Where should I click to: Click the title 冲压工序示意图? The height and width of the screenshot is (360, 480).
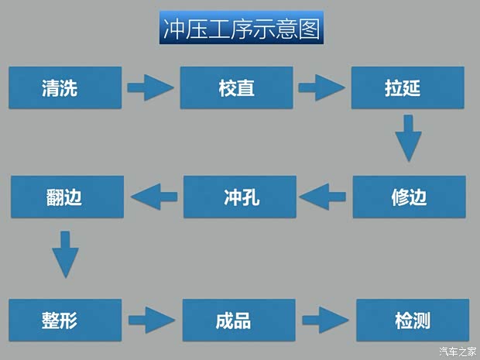(241, 29)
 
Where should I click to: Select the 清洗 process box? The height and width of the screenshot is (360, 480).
(66, 87)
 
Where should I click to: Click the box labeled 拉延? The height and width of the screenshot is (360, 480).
(408, 87)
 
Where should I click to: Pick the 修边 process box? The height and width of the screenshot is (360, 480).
(410, 197)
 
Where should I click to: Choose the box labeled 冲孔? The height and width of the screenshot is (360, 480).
(239, 197)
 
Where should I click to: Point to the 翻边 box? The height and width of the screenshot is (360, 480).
(67, 197)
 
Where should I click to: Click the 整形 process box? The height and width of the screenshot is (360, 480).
(66, 320)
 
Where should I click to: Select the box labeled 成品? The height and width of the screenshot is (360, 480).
(239, 320)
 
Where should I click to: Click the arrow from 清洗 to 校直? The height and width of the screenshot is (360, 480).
(150, 87)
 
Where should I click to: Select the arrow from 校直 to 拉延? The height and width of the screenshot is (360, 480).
(321, 87)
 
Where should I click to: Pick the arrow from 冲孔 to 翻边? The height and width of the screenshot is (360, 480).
(153, 197)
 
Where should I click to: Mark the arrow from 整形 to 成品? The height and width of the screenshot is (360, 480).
(152, 319)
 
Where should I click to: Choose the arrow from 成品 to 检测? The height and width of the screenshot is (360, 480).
(324, 319)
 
